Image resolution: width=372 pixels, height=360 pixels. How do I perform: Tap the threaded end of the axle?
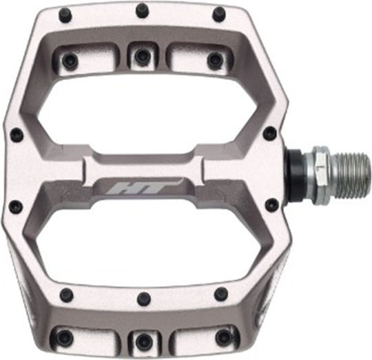[x=353, y=175]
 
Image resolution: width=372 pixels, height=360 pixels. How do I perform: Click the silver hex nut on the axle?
[x=320, y=175]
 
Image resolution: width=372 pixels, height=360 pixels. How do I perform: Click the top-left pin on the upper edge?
[x=67, y=14]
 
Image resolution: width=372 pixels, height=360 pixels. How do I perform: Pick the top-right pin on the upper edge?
[x=219, y=14]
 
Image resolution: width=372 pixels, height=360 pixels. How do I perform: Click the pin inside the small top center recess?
[x=141, y=56]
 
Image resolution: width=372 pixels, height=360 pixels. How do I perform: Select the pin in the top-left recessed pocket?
[x=70, y=59]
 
